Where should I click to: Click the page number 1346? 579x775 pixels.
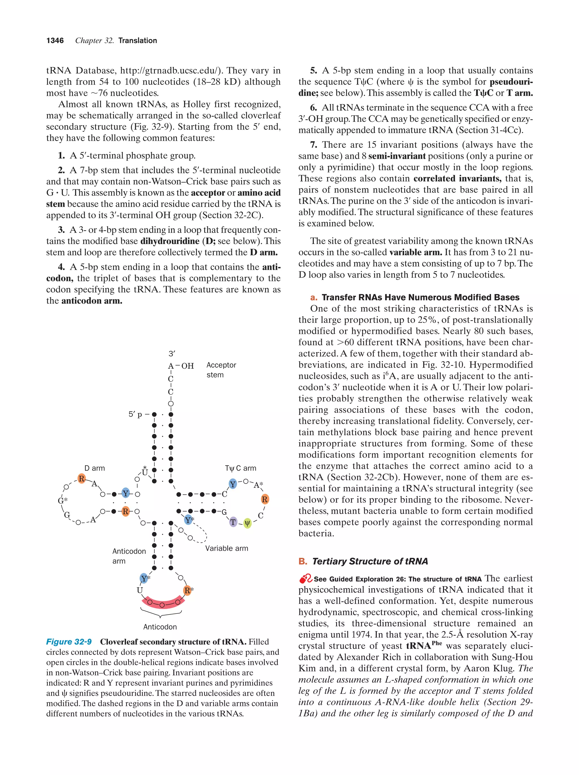[55, 41]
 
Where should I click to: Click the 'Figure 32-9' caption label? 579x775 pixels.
[69, 642]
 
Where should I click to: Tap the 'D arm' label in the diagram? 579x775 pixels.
[95, 468]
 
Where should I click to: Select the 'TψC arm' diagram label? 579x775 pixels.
[240, 468]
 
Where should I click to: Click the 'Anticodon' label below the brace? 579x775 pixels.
[160, 627]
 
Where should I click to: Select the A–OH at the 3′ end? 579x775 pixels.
[180, 366]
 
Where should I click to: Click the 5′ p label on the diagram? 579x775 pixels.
[135, 414]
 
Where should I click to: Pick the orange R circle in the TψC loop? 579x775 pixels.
[264, 499]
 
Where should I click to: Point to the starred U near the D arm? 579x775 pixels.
[145, 472]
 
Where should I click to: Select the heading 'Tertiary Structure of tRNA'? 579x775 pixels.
[370, 561]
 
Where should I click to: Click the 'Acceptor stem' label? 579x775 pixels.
[221, 370]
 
